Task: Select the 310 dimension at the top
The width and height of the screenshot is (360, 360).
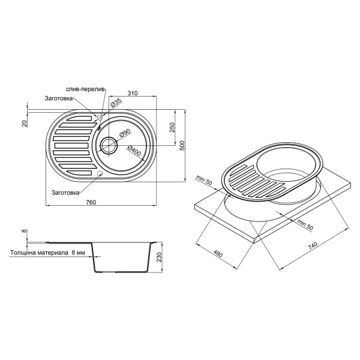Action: (x=133, y=93)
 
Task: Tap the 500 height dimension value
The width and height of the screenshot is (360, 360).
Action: (x=188, y=144)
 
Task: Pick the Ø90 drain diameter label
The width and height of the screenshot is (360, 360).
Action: (x=125, y=134)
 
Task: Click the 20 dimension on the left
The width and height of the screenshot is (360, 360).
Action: (x=25, y=123)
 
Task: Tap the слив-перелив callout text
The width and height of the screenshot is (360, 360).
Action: (x=86, y=89)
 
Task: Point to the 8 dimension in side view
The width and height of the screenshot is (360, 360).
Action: (x=25, y=231)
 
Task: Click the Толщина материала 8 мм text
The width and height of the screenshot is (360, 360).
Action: (x=47, y=253)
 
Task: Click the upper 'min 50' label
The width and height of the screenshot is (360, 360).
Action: (x=206, y=179)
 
